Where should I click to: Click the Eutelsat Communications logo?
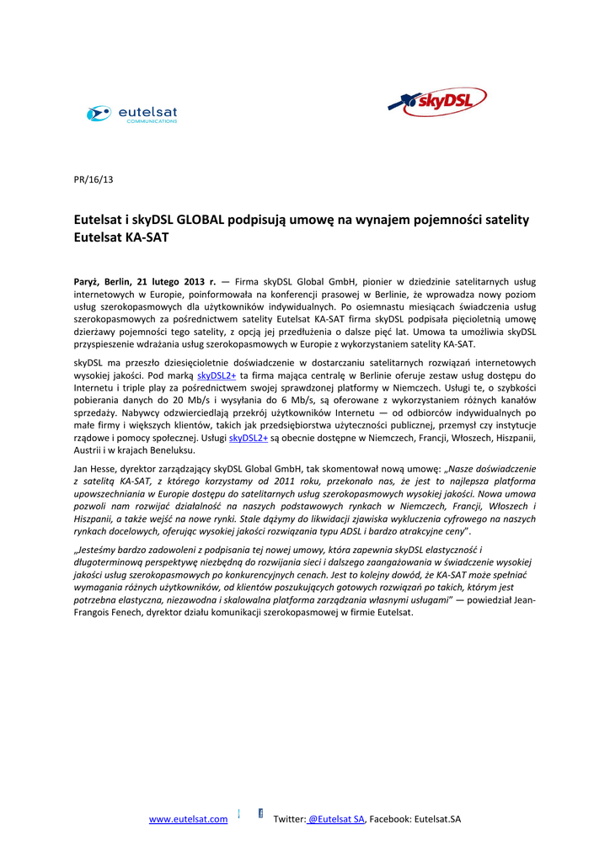(132, 114)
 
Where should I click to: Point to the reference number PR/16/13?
(94, 179)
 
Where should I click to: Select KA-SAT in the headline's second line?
(147, 238)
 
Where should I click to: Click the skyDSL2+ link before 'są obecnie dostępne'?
(249, 438)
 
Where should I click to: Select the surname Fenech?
(157, 612)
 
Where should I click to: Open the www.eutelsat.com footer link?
(188, 819)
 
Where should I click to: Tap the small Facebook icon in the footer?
(260, 813)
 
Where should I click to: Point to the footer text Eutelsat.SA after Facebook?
(437, 819)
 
